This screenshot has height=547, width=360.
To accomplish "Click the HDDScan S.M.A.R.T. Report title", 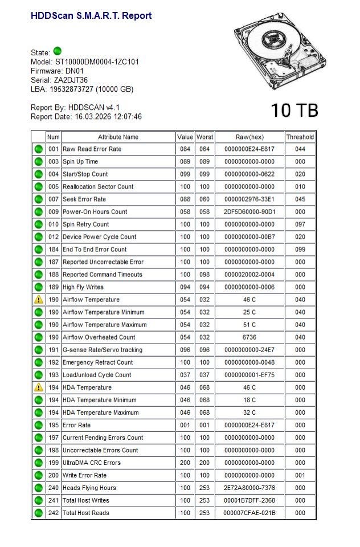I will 91,16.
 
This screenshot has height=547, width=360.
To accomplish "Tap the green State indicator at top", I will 57,51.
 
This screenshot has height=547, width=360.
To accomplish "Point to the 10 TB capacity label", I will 294,111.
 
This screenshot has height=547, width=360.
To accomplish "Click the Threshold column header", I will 300,137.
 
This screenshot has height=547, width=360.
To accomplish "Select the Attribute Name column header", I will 118,137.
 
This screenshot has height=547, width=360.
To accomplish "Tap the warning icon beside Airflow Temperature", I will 39,300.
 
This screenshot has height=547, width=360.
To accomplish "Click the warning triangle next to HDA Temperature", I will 39,387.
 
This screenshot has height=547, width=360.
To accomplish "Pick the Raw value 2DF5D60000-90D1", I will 249,212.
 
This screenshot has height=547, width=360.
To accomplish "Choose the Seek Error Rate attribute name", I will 84,199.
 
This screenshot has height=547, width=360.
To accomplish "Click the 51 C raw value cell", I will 249,325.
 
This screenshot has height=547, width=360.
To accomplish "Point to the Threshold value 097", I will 300,224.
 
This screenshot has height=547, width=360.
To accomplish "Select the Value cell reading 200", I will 185,463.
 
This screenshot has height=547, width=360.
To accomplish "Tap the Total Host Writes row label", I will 86,500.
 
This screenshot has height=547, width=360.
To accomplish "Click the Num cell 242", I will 54,513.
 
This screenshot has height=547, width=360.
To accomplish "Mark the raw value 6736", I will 249,337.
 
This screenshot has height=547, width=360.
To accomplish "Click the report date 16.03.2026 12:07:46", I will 108,117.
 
